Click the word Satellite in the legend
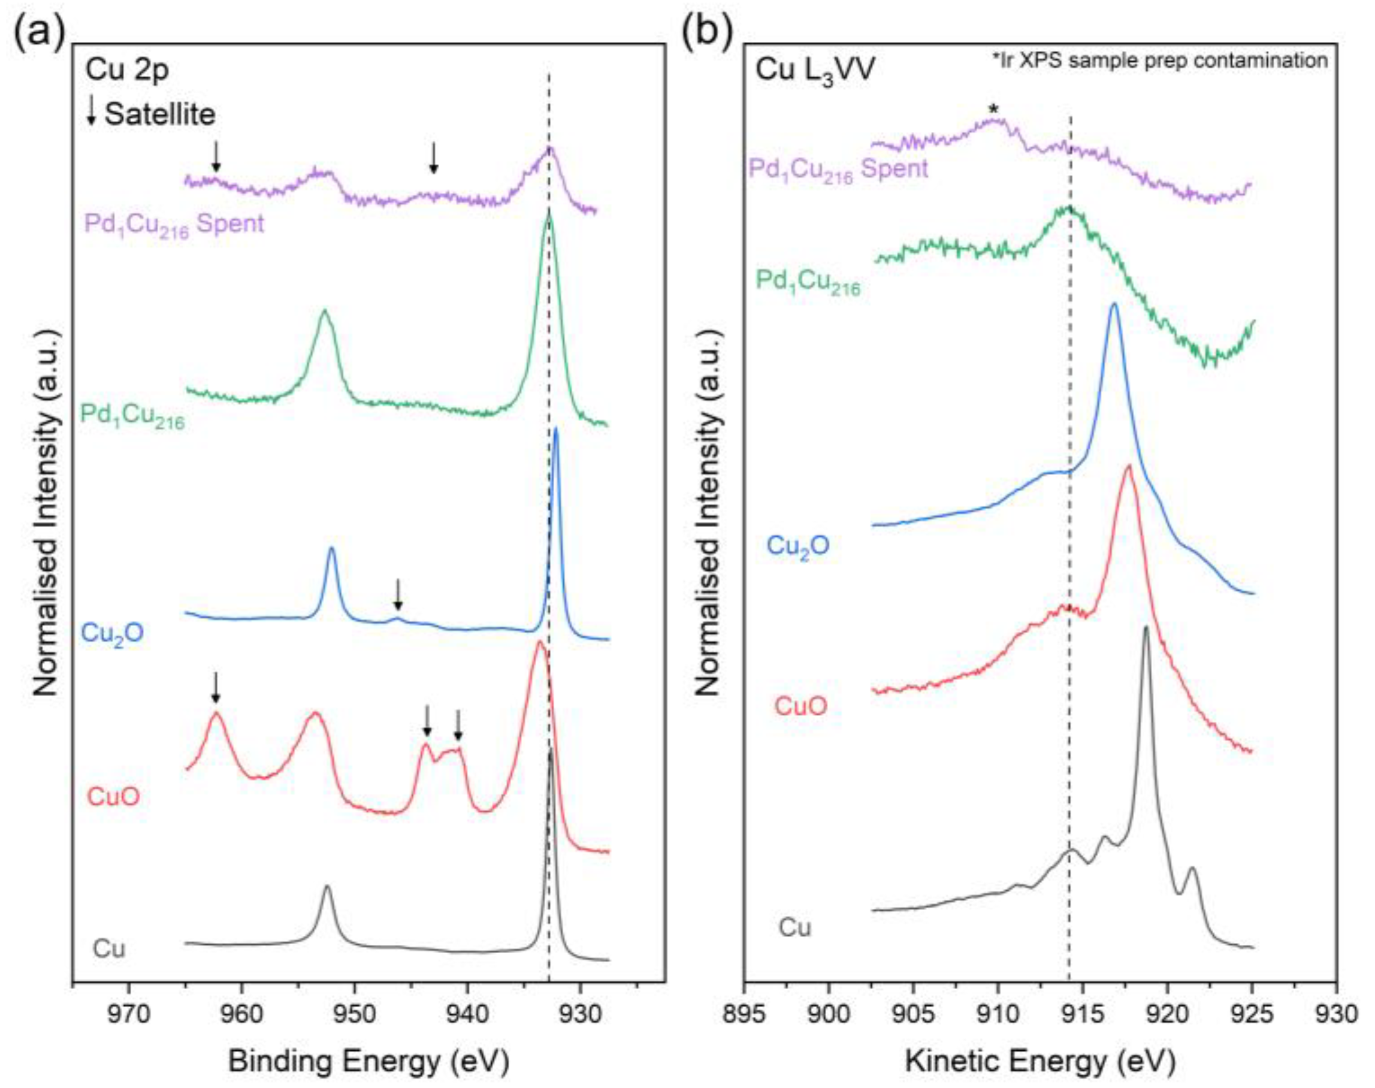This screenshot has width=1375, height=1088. coord(160,114)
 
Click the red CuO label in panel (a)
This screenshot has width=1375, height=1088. coord(113,797)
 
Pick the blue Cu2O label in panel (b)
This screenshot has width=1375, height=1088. coord(797,545)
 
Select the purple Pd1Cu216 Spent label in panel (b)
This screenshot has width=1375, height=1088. coord(838,170)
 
